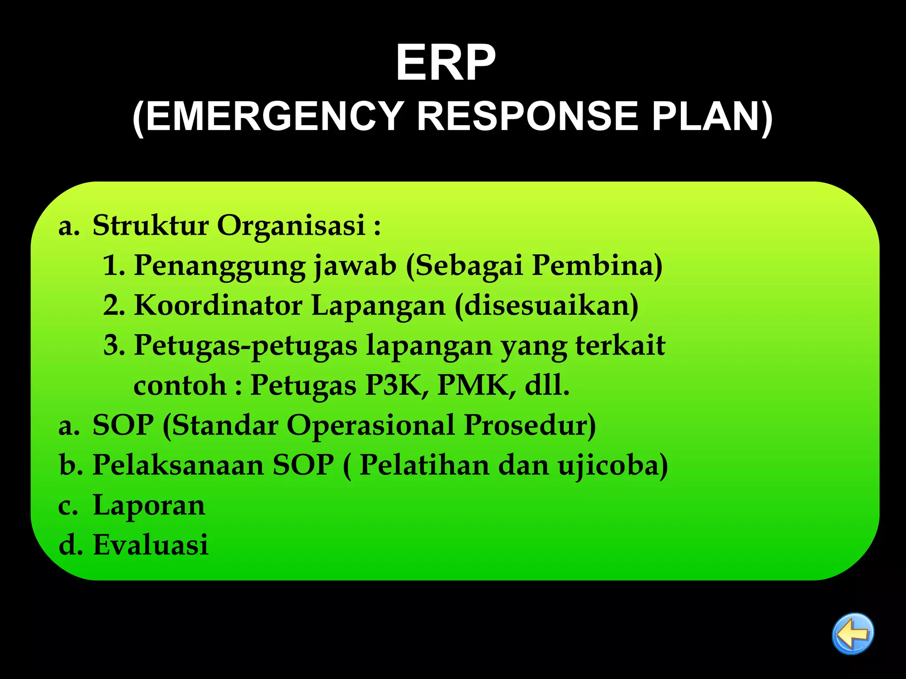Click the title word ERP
coord(445,63)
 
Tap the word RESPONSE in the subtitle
coord(528,117)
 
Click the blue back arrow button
coord(852,633)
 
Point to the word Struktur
coord(150,225)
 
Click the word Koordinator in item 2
coord(218,305)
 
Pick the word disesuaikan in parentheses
coord(547,305)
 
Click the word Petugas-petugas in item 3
coord(245,346)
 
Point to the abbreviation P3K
coord(396,385)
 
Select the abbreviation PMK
coord(476,385)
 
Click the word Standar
coord(225,425)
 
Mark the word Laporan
coord(149,505)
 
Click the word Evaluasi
coord(150,545)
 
